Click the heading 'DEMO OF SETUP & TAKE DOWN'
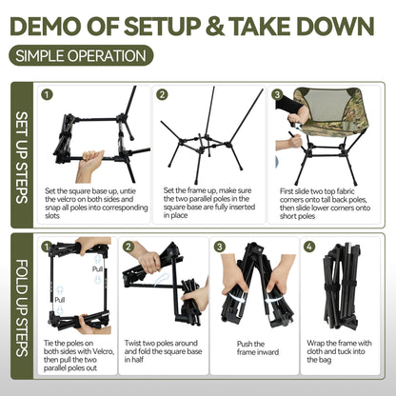pos(197,22)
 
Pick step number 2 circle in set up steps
pos(162,94)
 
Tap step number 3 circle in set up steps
pos(277,94)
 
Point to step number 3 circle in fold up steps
pos(220,247)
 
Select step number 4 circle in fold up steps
pos(310,247)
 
